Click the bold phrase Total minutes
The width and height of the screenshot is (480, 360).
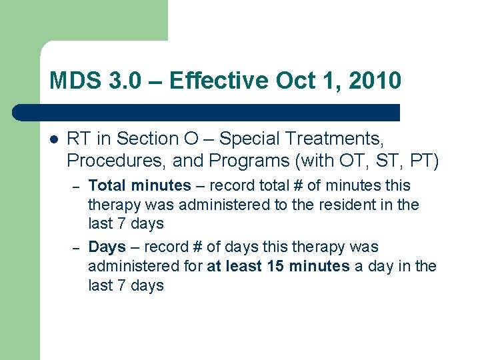139,185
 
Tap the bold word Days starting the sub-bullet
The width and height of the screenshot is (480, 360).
107,247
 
